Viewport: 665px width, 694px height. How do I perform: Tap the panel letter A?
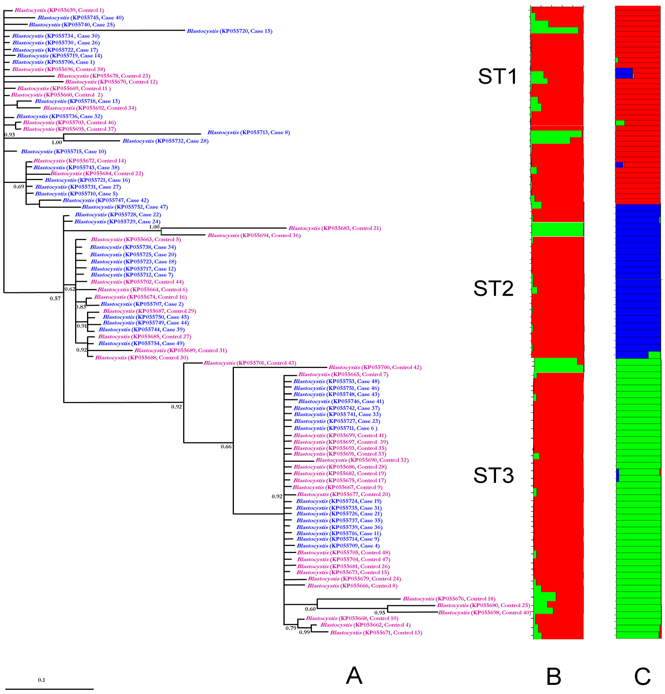pos(354,676)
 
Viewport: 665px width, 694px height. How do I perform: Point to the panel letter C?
pos(642,676)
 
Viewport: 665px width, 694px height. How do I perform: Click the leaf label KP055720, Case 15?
pos(229,31)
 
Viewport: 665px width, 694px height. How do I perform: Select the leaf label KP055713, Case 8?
pos(248,132)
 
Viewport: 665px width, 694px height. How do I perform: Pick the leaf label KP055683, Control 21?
pos(334,228)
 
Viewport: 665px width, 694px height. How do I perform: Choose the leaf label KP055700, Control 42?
pos(375,367)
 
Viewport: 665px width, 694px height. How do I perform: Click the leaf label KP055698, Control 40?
pos(484,613)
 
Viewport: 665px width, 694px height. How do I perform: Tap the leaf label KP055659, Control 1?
pos(59,10)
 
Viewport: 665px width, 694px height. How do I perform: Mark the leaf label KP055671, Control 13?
pos(376,632)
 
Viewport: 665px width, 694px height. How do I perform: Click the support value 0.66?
pos(226,447)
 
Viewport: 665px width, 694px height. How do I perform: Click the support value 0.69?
pos(19,187)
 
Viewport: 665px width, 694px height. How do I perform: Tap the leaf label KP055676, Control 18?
pos(448,599)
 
